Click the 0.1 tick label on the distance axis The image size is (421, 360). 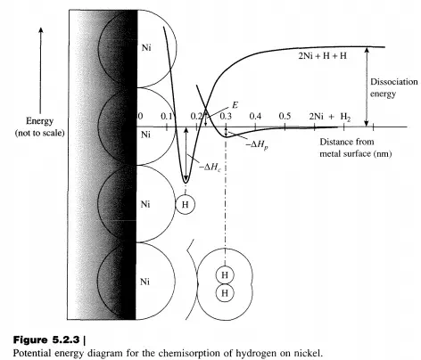click(167, 116)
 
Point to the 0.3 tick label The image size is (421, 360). click(226, 116)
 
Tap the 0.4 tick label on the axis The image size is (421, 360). click(255, 116)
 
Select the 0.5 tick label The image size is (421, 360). click(285, 116)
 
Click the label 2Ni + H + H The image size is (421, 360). click(323, 55)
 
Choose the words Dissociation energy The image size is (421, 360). click(393, 87)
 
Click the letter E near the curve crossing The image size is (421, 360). click(235, 105)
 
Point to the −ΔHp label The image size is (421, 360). click(257, 145)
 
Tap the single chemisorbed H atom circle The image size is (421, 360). click(186, 204)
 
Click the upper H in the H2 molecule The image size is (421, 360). click(225, 275)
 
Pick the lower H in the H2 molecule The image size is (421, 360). click(225, 293)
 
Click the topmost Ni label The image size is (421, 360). click(146, 47)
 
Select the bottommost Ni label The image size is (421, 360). click(144, 282)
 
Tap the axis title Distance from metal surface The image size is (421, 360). click(356, 148)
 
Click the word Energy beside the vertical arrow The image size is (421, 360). click(39, 121)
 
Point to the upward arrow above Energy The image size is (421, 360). click(41, 70)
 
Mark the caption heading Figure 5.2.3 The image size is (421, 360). click(46, 340)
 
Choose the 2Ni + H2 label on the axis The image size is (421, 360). click(330, 117)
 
